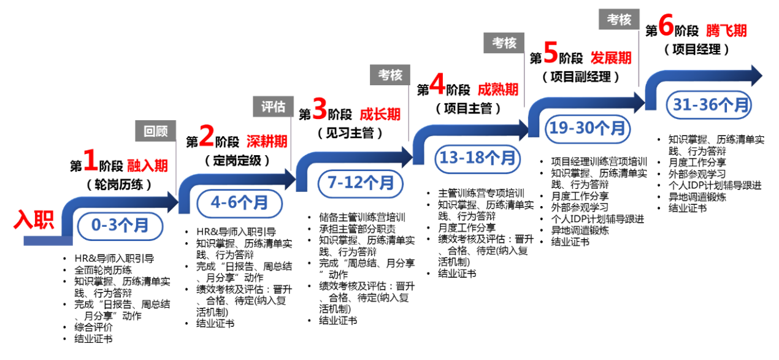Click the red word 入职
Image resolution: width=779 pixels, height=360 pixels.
(x=34, y=220)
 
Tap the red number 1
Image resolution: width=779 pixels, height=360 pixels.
(x=91, y=161)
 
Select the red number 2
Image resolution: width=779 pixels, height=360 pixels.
(x=207, y=136)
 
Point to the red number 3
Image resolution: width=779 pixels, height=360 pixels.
(x=320, y=109)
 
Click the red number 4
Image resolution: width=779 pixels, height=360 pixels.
(x=437, y=85)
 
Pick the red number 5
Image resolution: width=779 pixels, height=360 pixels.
(x=551, y=53)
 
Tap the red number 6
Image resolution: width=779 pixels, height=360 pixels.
(x=666, y=26)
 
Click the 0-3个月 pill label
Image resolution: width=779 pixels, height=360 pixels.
(x=120, y=226)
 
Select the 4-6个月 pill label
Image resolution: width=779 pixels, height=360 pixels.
(x=240, y=203)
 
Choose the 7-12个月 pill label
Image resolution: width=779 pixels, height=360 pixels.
(x=361, y=183)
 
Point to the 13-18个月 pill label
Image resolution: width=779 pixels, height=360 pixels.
(x=478, y=158)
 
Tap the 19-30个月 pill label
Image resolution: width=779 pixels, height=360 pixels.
(x=588, y=129)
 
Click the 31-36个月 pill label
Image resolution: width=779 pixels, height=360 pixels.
(x=709, y=105)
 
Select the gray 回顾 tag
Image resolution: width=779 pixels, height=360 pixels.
(x=156, y=131)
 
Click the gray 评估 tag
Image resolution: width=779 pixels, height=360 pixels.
(x=274, y=107)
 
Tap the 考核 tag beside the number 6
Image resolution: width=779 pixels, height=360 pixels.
(x=619, y=20)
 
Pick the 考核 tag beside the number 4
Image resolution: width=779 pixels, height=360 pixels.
(x=390, y=75)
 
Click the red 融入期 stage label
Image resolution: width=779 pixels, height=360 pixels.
(x=147, y=165)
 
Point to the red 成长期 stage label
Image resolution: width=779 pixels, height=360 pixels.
(x=380, y=113)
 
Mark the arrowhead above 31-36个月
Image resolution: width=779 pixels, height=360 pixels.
(x=756, y=75)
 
